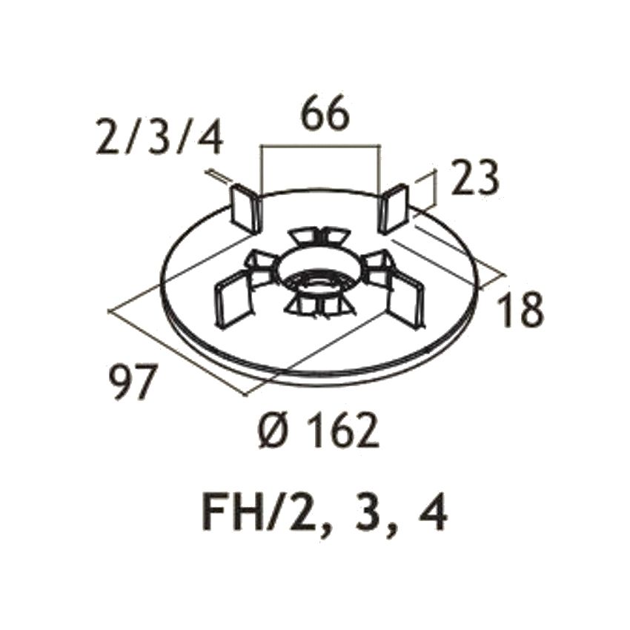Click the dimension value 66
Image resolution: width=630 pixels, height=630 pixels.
click(326, 113)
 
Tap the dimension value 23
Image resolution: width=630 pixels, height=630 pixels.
click(474, 178)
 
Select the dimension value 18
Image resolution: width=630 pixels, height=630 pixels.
click(520, 308)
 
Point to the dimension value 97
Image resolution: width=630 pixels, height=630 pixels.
click(133, 382)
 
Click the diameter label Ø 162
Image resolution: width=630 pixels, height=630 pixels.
click(318, 431)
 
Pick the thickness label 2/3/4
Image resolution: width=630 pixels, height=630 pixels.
click(159, 137)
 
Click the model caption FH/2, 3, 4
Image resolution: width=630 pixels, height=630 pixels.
click(324, 514)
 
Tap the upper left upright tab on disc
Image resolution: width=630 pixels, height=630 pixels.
click(245, 209)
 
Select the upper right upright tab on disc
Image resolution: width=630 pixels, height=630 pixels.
click(394, 208)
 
